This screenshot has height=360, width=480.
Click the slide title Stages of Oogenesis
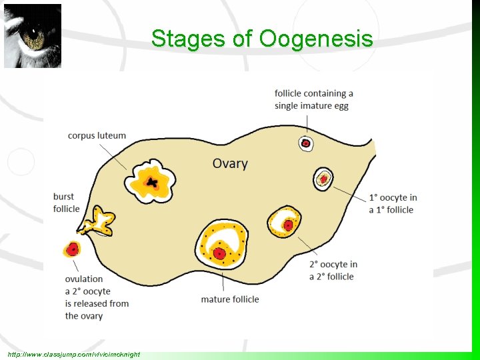[261, 39]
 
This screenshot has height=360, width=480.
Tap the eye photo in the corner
[33, 36]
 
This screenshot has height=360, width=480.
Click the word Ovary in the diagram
[230, 163]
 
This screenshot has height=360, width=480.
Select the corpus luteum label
[97, 135]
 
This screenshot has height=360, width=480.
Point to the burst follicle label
[66, 203]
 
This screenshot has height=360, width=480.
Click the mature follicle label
[230, 299]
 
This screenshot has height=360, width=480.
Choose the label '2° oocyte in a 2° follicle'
[333, 270]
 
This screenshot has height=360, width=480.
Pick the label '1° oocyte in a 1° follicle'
[393, 203]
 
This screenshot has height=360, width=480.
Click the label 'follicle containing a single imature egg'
[313, 99]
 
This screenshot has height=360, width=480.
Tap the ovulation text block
[97, 297]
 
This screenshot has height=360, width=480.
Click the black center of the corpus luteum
[153, 182]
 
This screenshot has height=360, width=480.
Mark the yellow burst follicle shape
[102, 221]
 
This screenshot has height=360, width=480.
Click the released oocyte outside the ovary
[72, 249]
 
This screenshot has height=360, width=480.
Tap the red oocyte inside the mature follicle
[218, 253]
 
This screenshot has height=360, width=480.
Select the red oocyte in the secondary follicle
[288, 225]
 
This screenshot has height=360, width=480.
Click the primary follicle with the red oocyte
[323, 179]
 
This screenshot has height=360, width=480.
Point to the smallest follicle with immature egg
[306, 143]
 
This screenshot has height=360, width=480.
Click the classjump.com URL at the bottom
[73, 354]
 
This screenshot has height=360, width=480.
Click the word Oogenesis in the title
[316, 39]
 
